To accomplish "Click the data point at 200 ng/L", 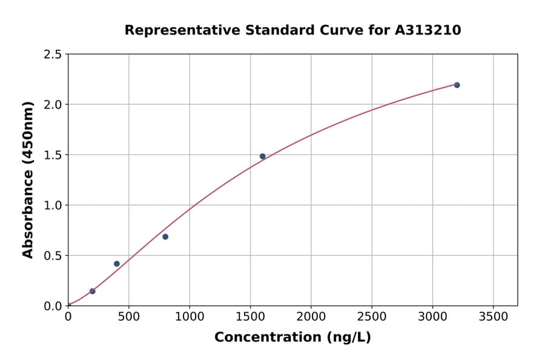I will pos(92,292).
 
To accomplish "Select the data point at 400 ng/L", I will pos(117,264).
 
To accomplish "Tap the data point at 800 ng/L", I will pos(165,237).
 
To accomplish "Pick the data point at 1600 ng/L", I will pos(262,156).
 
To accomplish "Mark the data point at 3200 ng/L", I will pos(457,85).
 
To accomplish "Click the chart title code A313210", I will pos(428,30).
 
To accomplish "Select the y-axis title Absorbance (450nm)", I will pos(28,179).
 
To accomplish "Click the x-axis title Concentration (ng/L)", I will pos(292,338).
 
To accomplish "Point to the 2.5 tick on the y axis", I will pos(53,55).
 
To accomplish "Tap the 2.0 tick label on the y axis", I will pos(53,105).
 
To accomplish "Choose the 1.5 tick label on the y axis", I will pos(53,155).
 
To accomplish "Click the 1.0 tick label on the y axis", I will pos(53,205).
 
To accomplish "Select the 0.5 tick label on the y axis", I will pos(53,256).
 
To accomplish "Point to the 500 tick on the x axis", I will pos(128,317).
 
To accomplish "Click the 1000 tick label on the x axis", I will pos(189,317).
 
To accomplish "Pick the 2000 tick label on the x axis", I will pos(311,317).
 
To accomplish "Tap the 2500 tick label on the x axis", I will pos(371,317).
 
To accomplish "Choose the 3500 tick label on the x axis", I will pos(493,317).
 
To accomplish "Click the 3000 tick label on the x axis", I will pos(432,317).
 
